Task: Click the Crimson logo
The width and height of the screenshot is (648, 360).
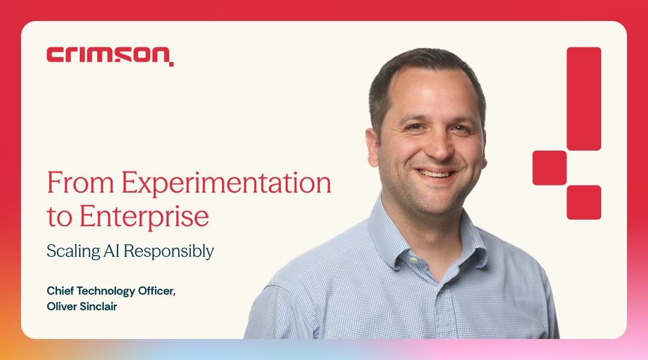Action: [x=110, y=55]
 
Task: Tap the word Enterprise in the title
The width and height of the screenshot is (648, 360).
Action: [x=143, y=217]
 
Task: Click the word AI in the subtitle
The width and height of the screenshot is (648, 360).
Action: [x=113, y=250]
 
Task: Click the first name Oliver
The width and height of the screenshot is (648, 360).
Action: [x=62, y=307]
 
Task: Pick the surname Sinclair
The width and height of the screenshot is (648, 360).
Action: [x=101, y=307]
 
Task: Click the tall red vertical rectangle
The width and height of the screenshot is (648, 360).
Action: [x=584, y=98]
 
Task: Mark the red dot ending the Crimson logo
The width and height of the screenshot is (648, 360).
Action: [x=172, y=63]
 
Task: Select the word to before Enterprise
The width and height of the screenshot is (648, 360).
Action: [x=59, y=218]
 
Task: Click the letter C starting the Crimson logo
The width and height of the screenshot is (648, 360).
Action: [x=55, y=56]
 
